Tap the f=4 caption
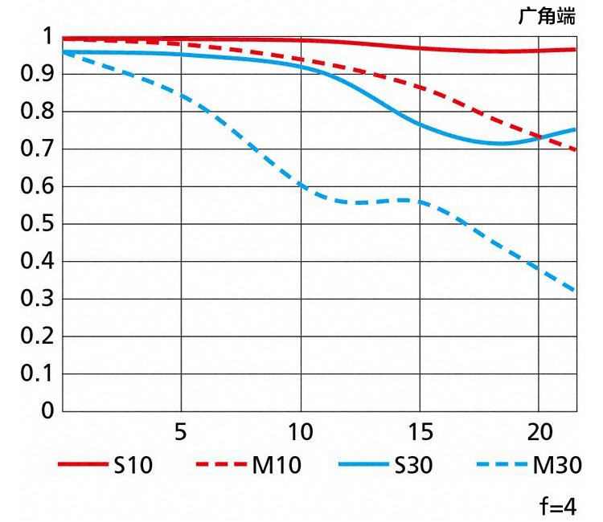558,507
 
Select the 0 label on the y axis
47,411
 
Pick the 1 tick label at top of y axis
47,37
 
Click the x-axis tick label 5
181,432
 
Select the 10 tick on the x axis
300,432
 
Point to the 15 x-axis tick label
419,432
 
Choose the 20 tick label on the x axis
539,432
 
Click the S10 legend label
133,465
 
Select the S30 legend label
414,465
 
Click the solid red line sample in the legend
82,465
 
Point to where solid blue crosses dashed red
539,137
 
